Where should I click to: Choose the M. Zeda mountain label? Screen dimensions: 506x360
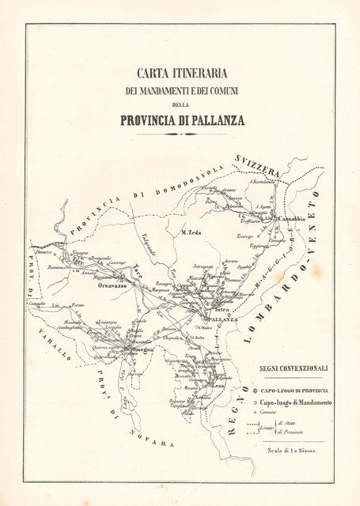193,232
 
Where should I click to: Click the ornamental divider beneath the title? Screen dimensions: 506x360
181,134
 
